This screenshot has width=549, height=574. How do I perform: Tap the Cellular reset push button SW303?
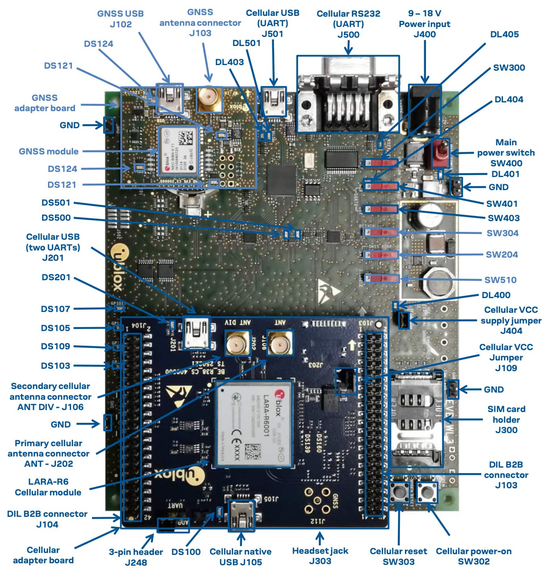coord(399,493)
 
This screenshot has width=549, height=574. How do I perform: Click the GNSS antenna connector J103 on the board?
coord(209,100)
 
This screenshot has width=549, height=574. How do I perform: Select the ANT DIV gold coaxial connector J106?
coord(236,342)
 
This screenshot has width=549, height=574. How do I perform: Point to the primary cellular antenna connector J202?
coord(279,342)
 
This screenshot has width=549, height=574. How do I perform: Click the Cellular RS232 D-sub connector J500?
coord(348,94)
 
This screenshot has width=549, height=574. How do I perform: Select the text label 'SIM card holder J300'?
coord(506,419)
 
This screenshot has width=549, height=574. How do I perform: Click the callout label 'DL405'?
coord(504,34)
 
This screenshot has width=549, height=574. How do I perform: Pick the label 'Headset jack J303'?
coord(320,556)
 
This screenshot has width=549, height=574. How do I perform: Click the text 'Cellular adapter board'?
coord(43,555)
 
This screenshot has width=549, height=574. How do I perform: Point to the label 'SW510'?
coord(500,280)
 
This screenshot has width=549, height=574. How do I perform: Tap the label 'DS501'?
coord(56,202)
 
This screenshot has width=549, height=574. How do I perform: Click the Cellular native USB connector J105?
coord(241,514)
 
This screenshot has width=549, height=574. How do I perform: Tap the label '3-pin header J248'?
coord(136,557)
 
